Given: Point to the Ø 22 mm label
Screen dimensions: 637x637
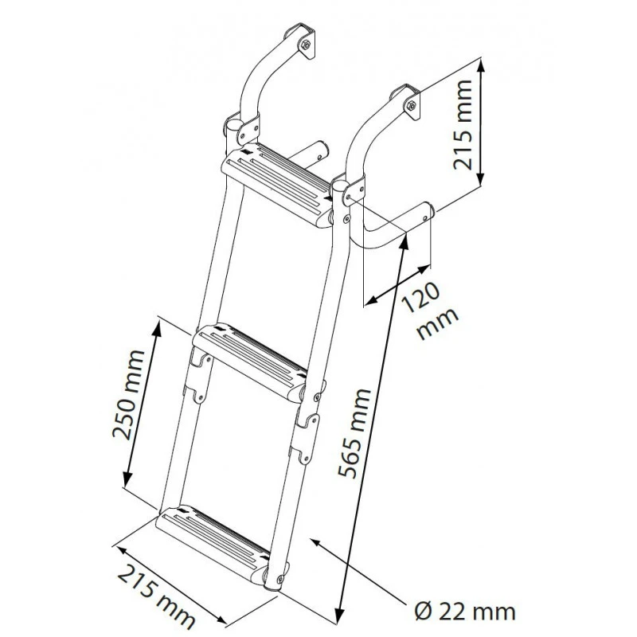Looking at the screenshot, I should (466, 611).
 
